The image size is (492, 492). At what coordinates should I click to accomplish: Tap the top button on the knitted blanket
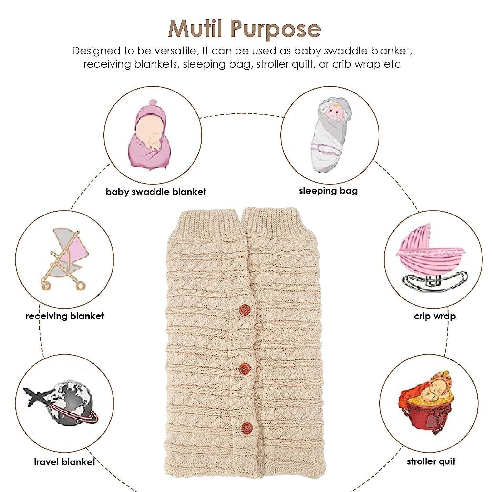tap(244, 309)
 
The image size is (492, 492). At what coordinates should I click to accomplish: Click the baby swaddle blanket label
tap(156, 192)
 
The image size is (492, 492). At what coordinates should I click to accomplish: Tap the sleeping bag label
tap(328, 191)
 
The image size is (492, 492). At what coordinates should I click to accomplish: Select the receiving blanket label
tap(65, 316)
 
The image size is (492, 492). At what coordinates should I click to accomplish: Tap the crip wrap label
tap(435, 316)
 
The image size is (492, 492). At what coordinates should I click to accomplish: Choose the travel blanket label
tap(64, 462)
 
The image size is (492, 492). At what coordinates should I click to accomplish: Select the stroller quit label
tap(431, 462)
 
